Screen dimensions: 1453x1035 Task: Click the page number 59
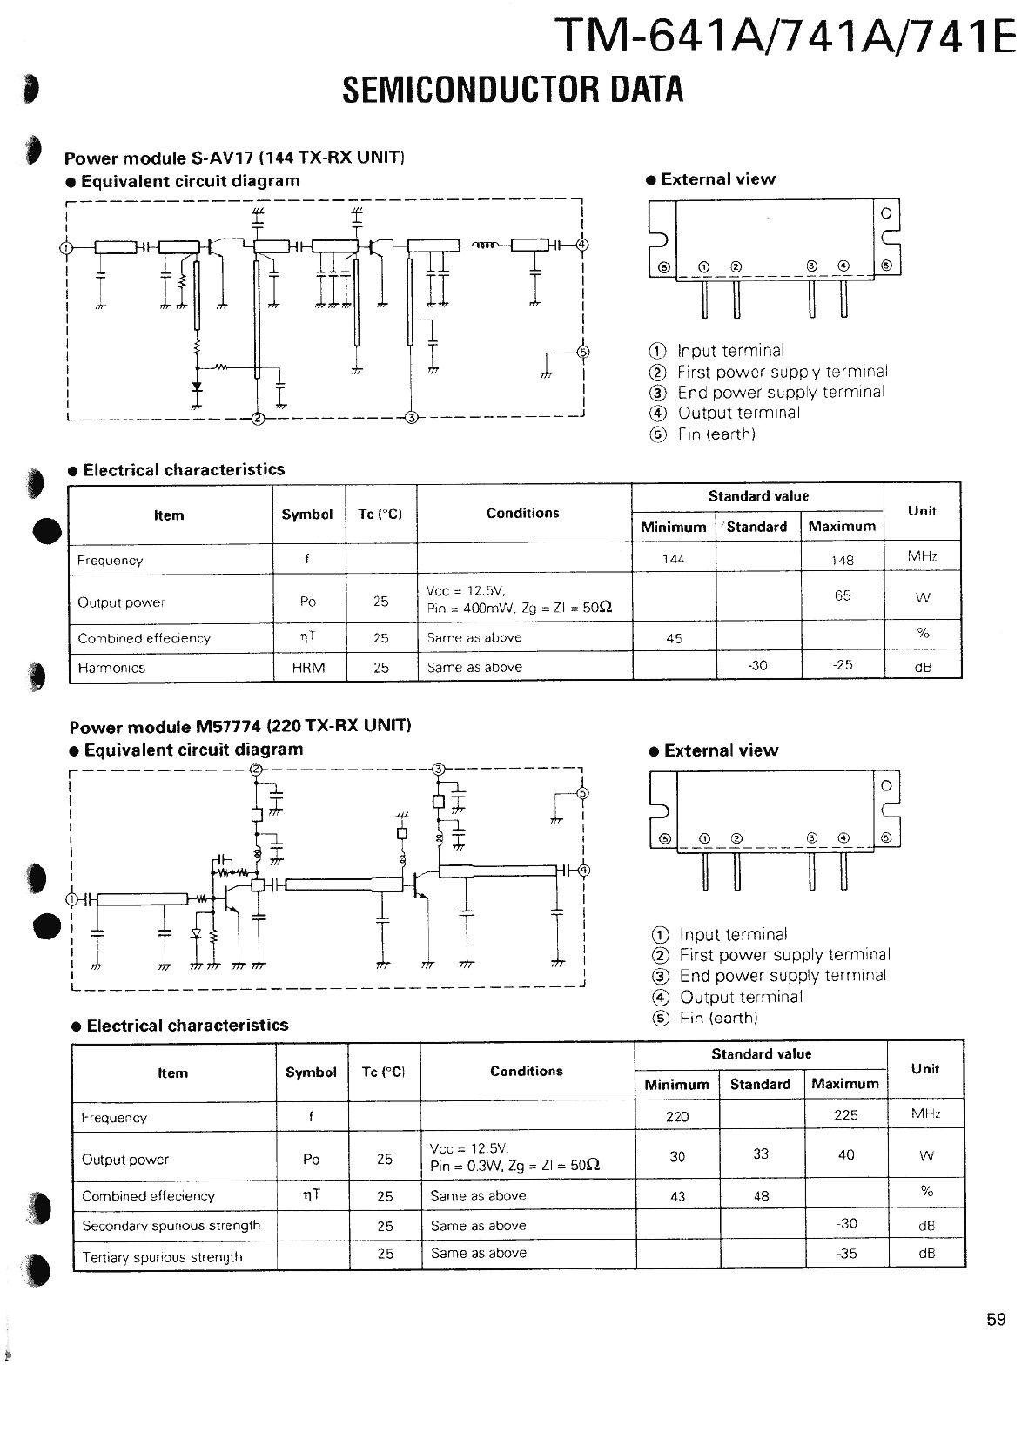[x=996, y=1319]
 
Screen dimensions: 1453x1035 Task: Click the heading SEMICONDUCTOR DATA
[x=513, y=90]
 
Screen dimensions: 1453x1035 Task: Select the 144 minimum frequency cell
[x=673, y=559]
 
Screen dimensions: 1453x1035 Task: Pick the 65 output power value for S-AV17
[x=842, y=595]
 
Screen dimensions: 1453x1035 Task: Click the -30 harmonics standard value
[x=756, y=665]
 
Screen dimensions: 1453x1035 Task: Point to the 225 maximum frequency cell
[x=845, y=1115]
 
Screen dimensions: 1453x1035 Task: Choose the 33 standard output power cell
[x=761, y=1154]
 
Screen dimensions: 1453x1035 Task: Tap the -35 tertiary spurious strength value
[x=846, y=1255]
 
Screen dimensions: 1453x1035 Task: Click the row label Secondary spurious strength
[x=171, y=1226]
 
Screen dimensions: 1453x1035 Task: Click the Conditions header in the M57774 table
[x=526, y=1071]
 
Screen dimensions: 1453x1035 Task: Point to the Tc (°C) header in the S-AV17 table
[x=380, y=514]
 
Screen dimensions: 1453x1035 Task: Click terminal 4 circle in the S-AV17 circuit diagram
[x=582, y=245]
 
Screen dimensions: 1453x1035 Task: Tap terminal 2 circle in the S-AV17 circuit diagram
[x=258, y=418]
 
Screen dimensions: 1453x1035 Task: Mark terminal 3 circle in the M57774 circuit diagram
[x=439, y=769]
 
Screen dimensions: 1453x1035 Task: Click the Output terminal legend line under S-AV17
[x=738, y=413]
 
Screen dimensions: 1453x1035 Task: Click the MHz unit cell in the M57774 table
[x=925, y=1113]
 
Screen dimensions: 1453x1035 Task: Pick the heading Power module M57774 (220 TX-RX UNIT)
[x=240, y=726]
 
